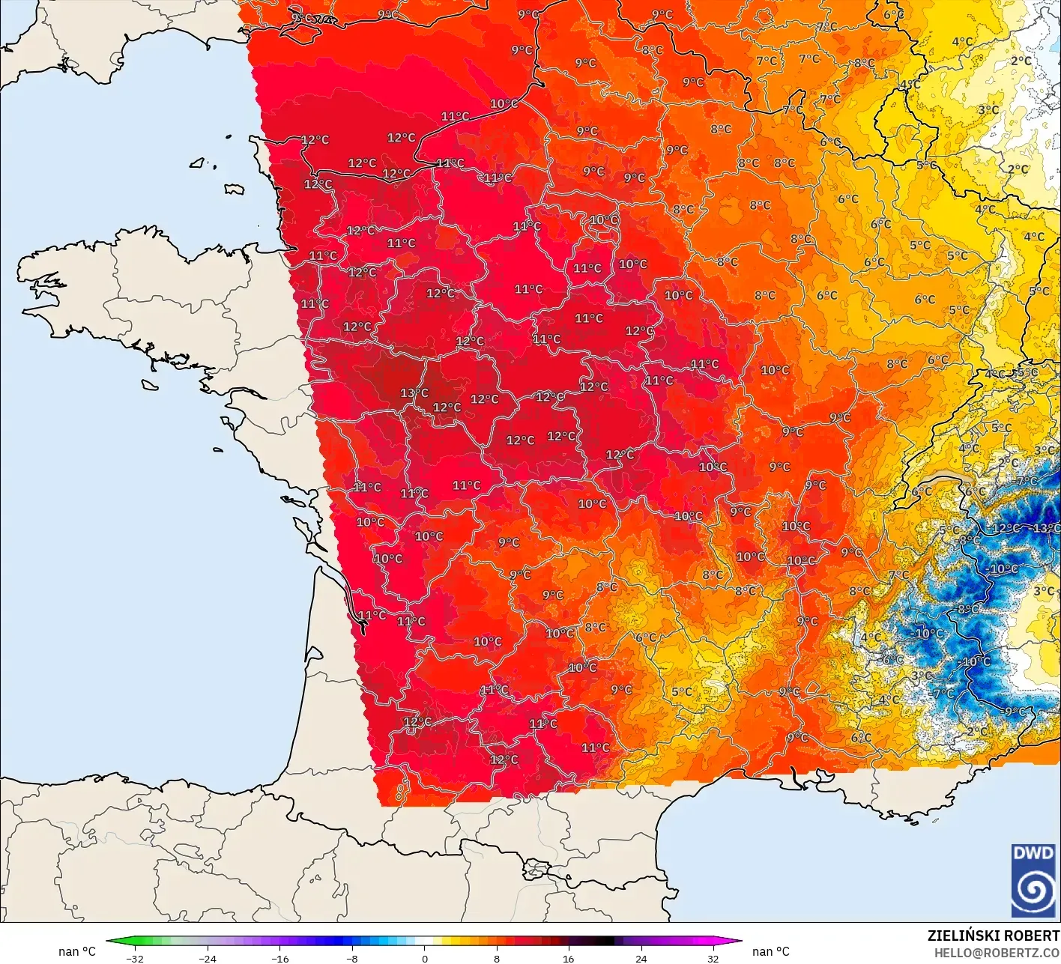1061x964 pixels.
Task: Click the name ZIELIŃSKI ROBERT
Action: click(993, 936)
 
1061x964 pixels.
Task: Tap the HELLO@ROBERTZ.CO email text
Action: click(997, 952)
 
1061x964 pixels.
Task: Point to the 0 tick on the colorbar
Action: click(424, 958)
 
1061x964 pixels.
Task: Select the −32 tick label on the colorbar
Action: click(134, 958)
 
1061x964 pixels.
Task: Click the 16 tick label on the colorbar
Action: click(569, 958)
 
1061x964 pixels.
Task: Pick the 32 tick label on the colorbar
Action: click(713, 958)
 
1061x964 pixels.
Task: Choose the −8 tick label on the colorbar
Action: click(351, 958)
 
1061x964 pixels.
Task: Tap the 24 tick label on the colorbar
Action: click(641, 958)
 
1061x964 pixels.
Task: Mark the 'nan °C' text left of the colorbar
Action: click(77, 951)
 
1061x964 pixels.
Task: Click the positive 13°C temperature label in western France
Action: click(414, 393)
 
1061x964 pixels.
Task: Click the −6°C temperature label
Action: click(892, 660)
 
